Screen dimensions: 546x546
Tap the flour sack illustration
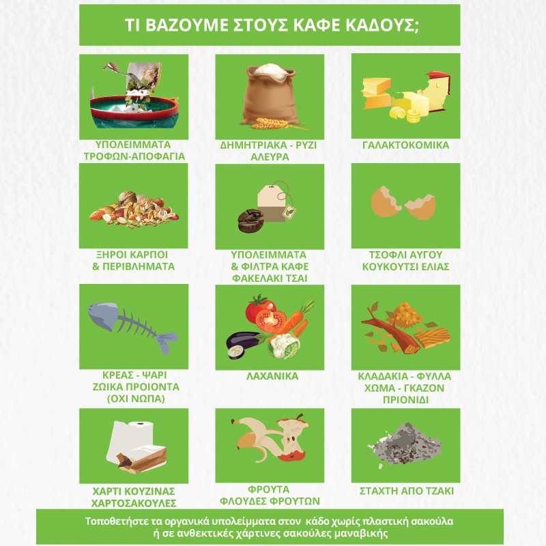[270, 95]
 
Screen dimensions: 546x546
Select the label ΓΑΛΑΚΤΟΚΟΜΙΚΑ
[405, 145]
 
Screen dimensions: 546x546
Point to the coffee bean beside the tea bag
[250, 220]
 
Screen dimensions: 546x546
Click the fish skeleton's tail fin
[166, 342]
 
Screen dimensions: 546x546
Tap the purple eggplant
[243, 343]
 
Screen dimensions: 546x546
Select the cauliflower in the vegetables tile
[285, 346]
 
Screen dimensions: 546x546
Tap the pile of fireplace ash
[405, 444]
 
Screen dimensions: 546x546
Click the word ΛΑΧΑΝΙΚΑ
[272, 376]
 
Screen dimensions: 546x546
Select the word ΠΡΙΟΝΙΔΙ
[405, 400]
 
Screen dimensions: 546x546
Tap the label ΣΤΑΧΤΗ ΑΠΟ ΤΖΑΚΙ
[406, 491]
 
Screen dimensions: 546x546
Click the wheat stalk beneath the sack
[275, 124]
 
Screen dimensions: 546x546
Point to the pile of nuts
[134, 210]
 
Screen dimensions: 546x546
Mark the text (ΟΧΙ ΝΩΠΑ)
[136, 399]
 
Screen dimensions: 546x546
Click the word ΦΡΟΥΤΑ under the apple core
[268, 489]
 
